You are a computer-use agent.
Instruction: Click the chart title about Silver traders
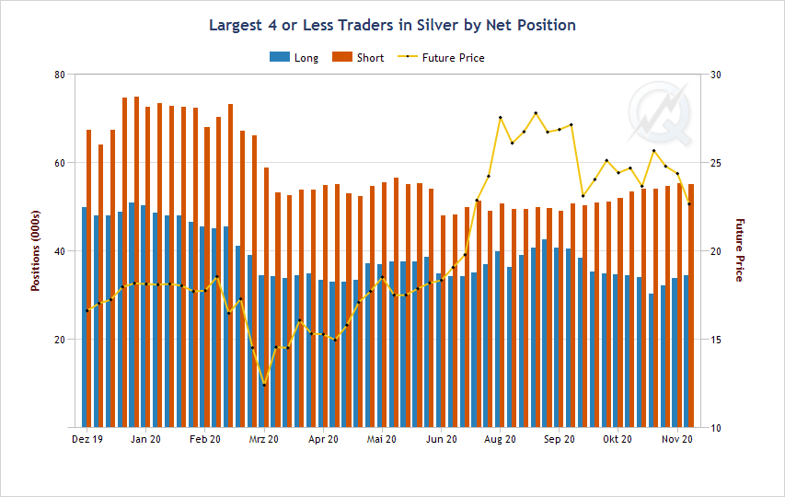coord(392,25)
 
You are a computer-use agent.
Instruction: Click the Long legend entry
coord(294,58)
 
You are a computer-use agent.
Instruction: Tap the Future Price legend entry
coord(441,58)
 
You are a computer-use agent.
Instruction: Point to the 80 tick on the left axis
coord(61,75)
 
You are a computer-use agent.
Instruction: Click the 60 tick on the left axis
coord(61,163)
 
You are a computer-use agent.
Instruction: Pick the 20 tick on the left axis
coord(61,340)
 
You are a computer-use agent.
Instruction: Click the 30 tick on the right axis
coord(714,75)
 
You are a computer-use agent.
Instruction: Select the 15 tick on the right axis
coord(714,340)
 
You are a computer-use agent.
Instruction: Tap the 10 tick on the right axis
coord(714,428)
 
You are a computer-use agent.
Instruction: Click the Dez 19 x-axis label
coord(87,440)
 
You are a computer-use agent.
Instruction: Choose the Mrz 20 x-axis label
coord(264,440)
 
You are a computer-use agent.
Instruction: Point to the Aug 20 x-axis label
coord(501,440)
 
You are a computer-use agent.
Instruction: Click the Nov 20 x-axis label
coord(677,440)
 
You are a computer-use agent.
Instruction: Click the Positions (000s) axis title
coord(36,251)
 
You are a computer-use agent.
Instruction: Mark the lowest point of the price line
coord(264,385)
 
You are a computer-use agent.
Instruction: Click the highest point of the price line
coord(536,113)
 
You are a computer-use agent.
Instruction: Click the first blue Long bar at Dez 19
coord(85,318)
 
